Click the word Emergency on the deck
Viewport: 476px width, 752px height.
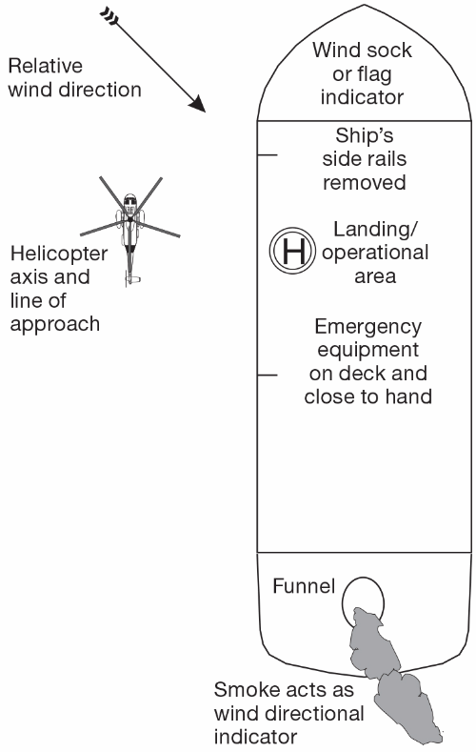point(367,324)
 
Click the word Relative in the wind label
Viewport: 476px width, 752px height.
point(45,67)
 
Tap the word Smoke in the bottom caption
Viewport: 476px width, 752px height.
point(241,689)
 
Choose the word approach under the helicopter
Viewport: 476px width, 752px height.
point(54,323)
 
